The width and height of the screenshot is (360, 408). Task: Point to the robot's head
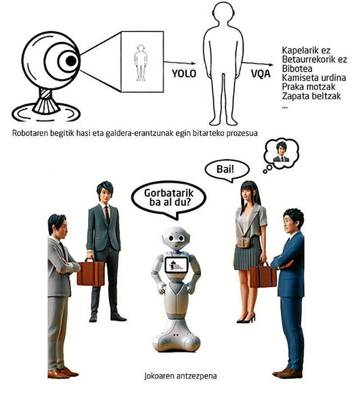pos(177,240)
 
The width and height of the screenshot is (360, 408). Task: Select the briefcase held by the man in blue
pos(263,275)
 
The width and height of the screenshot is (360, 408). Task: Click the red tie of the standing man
pos(106,214)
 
